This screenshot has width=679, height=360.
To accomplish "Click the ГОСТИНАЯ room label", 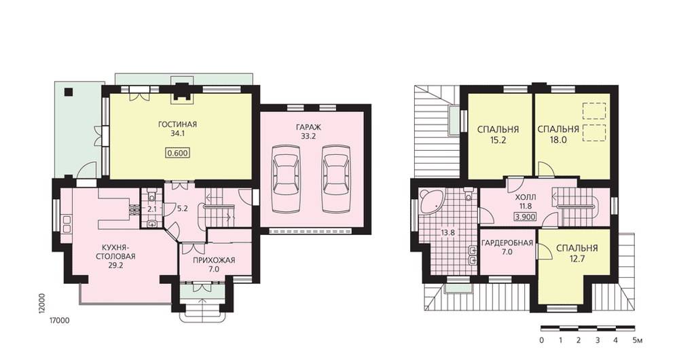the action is pos(177,125).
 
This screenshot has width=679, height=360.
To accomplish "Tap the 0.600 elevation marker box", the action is pos(177,153).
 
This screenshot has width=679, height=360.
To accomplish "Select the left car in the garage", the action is pos(286,179).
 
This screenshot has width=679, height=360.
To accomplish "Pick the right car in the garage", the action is pos(336,179).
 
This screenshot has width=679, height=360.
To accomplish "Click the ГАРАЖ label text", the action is pos(308,128).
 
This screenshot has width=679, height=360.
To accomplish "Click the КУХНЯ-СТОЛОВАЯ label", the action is pos(115,252).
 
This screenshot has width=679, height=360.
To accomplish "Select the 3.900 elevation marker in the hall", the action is pos(526,217).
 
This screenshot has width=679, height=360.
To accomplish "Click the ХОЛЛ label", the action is pos(526,198).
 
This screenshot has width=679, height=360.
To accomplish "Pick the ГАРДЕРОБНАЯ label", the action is pos(507,242).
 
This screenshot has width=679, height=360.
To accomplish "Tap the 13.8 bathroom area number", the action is pos(447,232).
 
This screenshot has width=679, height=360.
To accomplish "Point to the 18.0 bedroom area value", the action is pos(558,141).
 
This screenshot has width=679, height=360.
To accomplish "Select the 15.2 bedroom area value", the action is pos(498,141).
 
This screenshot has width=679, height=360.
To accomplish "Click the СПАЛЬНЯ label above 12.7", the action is pos(576,248).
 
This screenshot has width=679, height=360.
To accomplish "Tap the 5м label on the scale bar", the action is pos(638,340).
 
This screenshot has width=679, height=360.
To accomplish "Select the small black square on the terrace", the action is pos(68,92).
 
